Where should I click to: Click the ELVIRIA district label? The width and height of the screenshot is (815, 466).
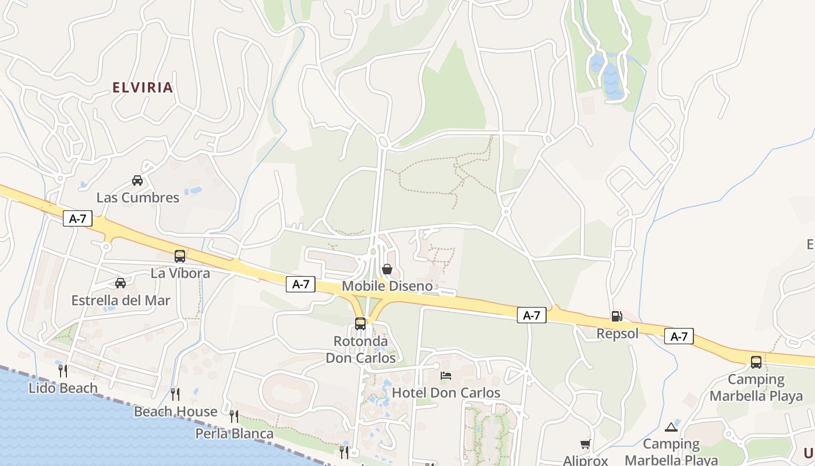[143, 88]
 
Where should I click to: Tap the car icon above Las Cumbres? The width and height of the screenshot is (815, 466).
[137, 181]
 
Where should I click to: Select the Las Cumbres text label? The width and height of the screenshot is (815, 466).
[138, 197]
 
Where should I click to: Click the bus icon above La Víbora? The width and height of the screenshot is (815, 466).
[180, 256]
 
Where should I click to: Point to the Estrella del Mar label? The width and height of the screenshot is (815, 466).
[121, 301]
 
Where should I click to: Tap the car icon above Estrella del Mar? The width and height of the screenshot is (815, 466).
[121, 283]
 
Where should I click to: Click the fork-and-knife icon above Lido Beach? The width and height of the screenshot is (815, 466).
[63, 370]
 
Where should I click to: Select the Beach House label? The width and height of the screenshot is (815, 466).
[176, 412]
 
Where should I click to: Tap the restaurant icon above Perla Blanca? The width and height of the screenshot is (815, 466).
[234, 416]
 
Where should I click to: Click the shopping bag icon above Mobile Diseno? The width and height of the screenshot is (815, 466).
[387, 269]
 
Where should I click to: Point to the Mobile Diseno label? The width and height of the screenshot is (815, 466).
[387, 286]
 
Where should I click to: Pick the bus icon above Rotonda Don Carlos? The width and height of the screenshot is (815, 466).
[360, 324]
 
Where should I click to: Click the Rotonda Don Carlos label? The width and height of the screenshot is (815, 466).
[360, 349]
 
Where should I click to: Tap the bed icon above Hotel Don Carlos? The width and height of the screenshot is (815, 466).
[446, 376]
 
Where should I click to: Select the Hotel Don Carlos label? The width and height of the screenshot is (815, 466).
[446, 393]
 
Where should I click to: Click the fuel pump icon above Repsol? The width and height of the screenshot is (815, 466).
[616, 316]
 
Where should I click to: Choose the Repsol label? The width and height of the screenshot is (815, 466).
[618, 334]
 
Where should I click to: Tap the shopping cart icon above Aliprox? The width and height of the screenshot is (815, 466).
[585, 444]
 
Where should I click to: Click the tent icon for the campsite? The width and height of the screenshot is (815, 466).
[671, 427]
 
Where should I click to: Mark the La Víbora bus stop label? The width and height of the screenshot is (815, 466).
[180, 273]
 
